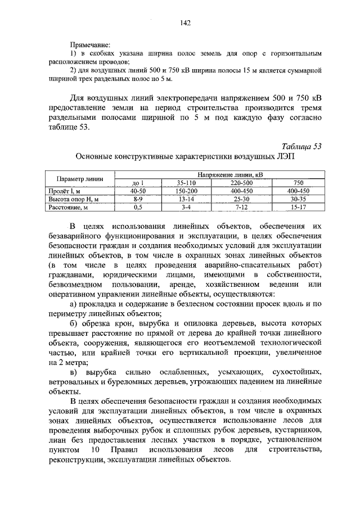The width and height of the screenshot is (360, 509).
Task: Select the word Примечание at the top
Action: tap(90, 44)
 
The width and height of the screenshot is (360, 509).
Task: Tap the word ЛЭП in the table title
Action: tap(283, 157)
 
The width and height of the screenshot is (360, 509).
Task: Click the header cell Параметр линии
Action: tap(80, 179)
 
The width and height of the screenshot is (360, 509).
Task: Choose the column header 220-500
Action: tap(238, 183)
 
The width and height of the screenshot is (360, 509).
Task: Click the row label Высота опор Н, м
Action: tap(78, 199)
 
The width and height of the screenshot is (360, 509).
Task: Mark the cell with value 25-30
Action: tap(238, 199)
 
